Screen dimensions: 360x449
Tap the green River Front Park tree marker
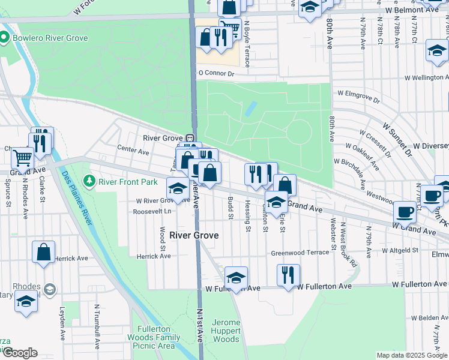point(89,181)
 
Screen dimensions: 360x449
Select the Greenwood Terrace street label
point(300,253)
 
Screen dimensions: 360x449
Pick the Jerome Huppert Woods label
point(226,331)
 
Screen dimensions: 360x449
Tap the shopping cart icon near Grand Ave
point(23,158)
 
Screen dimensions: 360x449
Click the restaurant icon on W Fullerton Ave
point(288,275)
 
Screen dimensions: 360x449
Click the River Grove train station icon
point(188,137)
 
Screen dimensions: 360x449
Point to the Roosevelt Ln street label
point(152,211)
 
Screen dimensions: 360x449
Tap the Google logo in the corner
point(20,353)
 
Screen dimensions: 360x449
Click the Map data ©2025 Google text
point(411,355)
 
